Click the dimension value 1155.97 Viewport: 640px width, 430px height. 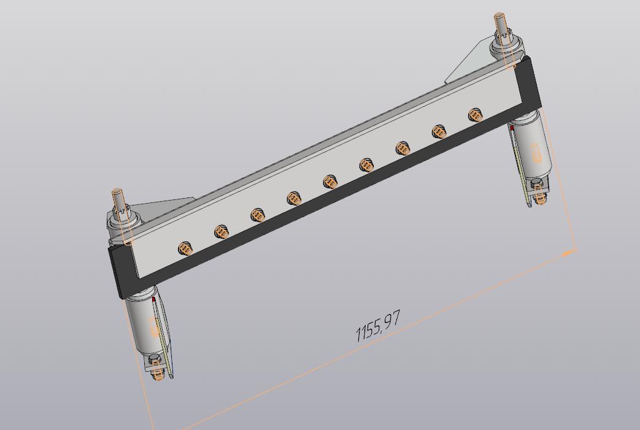click(x=378, y=326)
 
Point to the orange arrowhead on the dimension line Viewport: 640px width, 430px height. click(x=569, y=253)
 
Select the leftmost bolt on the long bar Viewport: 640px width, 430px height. click(x=185, y=248)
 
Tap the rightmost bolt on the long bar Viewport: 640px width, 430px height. click(x=476, y=115)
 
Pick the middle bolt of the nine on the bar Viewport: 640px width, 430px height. click(x=330, y=182)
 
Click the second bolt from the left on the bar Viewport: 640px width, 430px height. click(x=222, y=232)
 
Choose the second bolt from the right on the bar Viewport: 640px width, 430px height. click(x=439, y=131)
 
